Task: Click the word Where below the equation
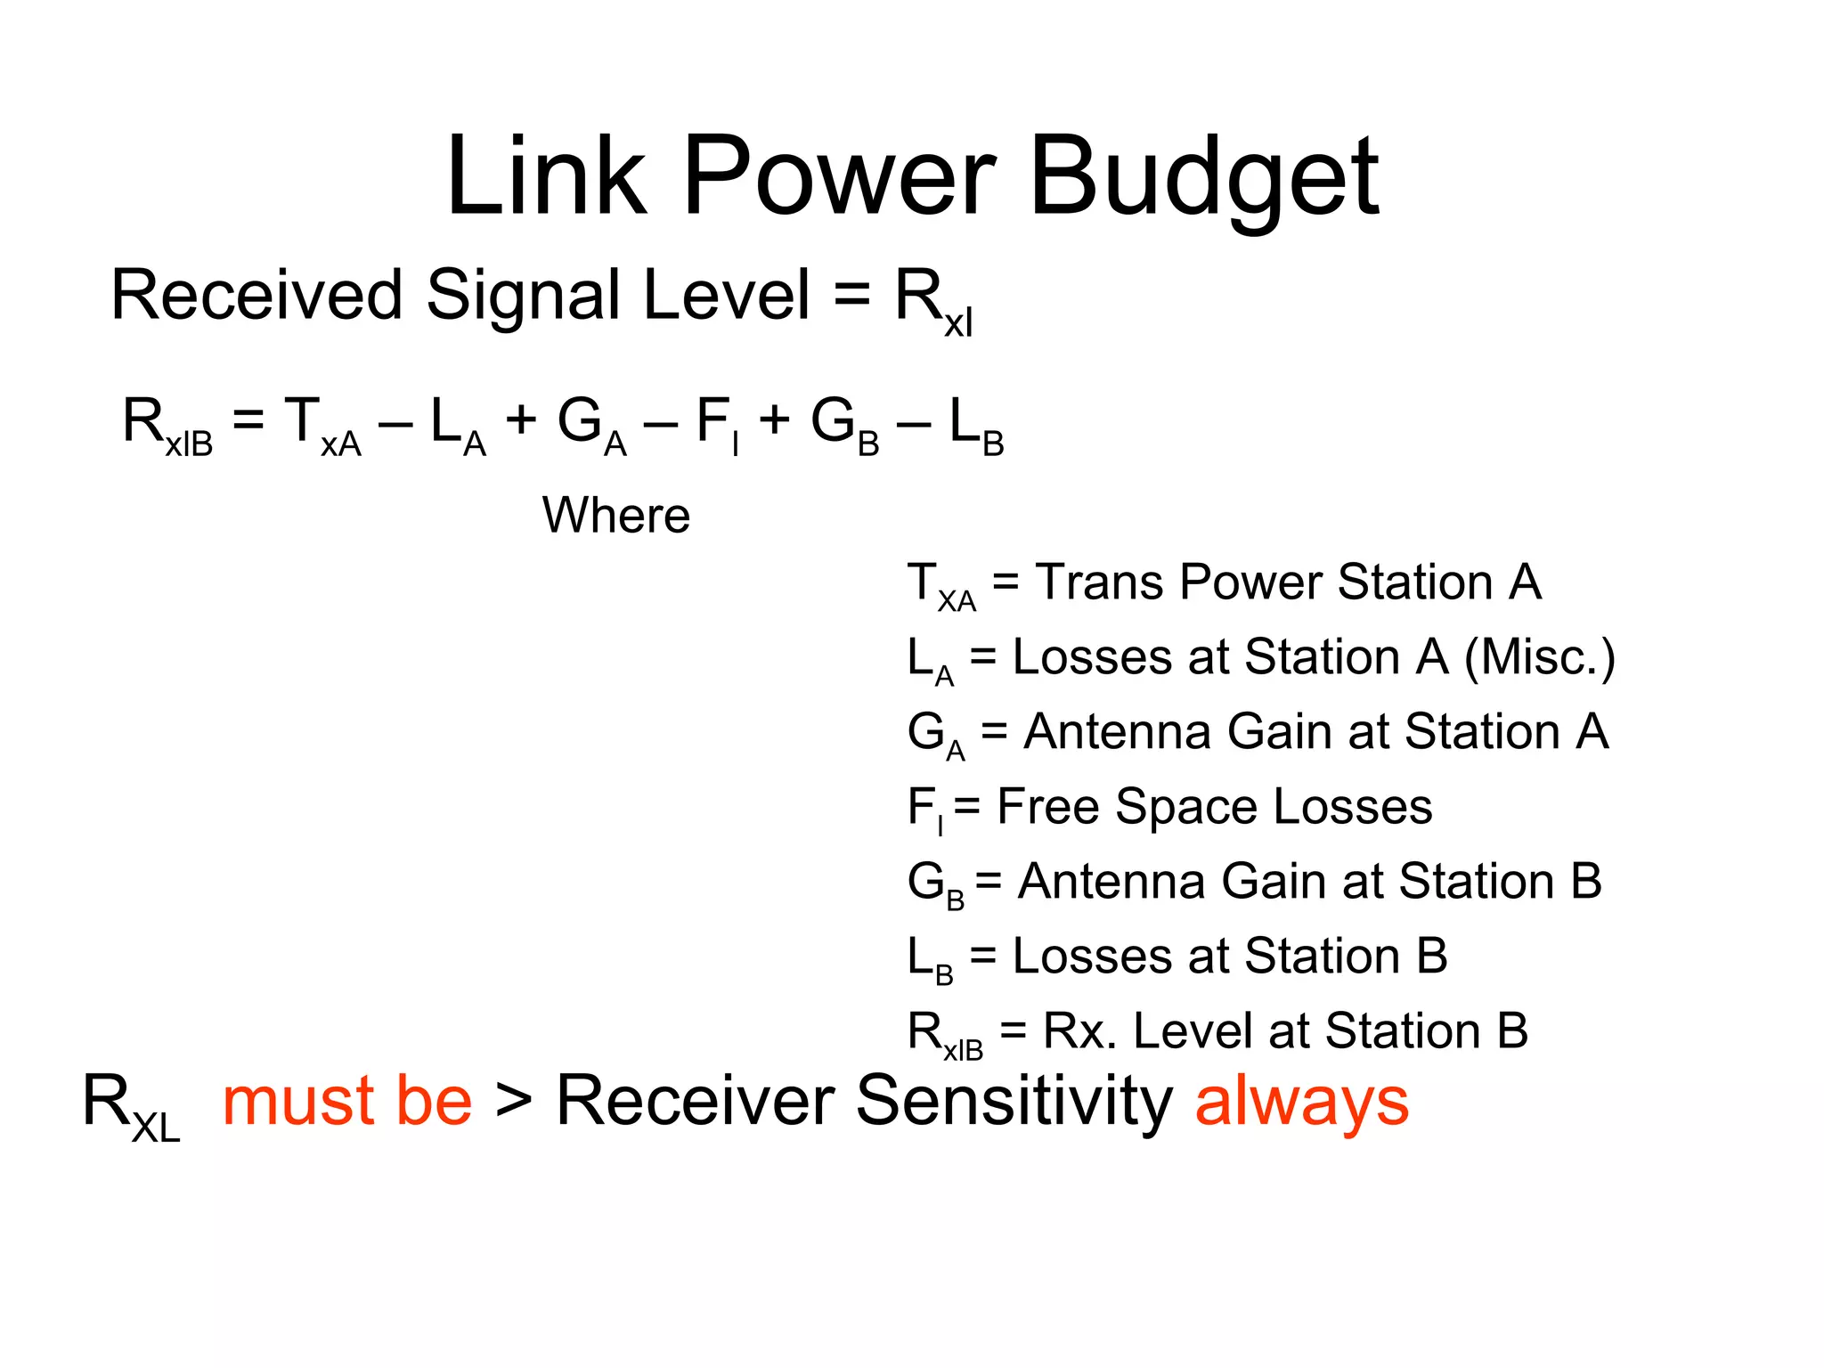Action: tap(616, 516)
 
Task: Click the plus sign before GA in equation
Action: tap(521, 419)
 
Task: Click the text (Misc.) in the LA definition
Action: tap(1540, 658)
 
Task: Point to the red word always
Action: tap(1301, 1103)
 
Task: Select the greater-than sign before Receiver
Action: tap(514, 1102)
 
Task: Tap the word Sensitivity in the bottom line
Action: tap(1014, 1103)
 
